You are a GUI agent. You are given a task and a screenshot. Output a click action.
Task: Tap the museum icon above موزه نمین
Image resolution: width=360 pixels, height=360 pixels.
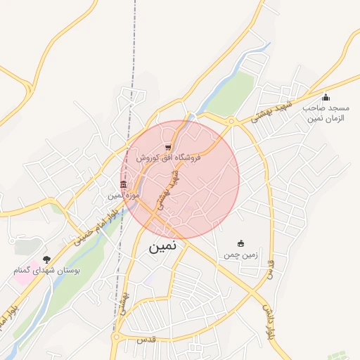(x=124, y=185)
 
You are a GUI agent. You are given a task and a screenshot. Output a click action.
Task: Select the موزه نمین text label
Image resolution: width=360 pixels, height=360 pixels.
(x=125, y=195)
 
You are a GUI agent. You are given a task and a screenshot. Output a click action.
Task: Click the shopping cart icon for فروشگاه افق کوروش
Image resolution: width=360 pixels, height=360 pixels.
(x=167, y=147)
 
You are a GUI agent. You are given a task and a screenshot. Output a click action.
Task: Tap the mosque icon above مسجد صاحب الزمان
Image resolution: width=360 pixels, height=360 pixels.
(x=325, y=98)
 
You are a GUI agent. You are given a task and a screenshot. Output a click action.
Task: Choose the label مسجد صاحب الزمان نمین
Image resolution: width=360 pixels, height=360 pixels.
(x=324, y=113)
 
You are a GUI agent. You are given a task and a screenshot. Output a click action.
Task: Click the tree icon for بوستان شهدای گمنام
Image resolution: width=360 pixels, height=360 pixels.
(x=47, y=259)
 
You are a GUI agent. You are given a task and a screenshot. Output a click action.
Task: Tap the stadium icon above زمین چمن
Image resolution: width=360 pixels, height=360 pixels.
(x=241, y=243)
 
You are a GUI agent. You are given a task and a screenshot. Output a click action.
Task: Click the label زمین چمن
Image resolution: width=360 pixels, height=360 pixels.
(x=241, y=254)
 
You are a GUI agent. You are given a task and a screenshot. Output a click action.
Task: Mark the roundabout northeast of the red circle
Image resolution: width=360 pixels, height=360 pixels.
(x=231, y=122)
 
